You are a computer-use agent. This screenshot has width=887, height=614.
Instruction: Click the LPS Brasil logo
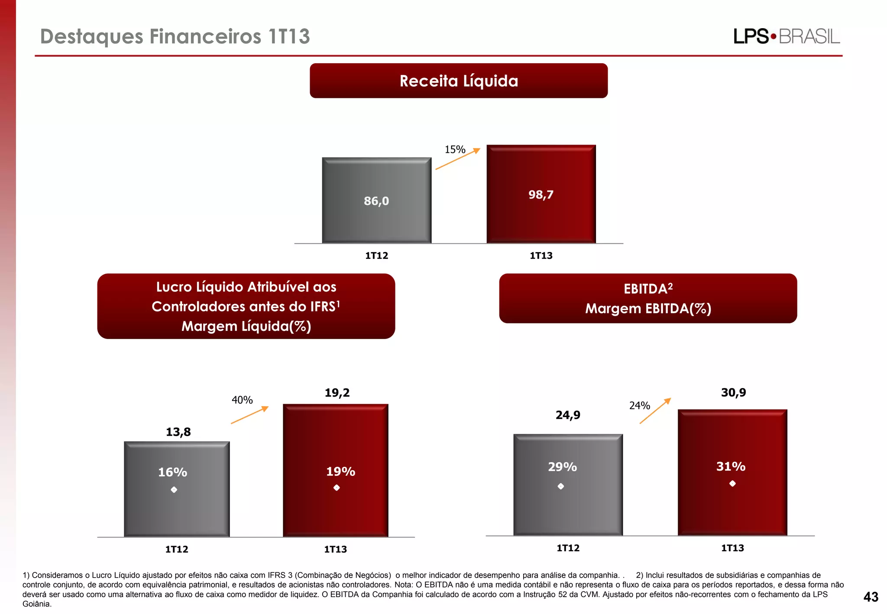(786, 36)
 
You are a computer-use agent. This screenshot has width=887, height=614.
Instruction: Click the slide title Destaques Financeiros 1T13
(175, 36)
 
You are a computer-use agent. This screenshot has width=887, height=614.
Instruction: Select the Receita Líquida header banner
(459, 81)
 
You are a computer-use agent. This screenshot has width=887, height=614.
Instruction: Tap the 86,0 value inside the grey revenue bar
(376, 201)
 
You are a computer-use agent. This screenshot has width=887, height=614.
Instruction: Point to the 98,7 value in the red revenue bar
(541, 195)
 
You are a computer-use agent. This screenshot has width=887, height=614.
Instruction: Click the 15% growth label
(455, 150)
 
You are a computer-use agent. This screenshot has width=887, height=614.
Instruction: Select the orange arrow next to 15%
(458, 159)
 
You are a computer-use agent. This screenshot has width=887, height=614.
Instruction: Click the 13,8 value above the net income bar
(178, 432)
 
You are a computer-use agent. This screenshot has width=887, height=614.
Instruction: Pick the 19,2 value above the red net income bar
(337, 393)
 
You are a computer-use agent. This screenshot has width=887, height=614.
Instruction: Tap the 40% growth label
(242, 400)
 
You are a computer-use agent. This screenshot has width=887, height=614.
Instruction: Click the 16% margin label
(172, 472)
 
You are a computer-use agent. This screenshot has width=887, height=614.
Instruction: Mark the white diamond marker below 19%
(337, 488)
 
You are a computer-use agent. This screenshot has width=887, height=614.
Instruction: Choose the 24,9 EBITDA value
(568, 415)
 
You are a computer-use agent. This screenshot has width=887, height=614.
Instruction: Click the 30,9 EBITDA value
(733, 393)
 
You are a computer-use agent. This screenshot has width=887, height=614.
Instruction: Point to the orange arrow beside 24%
(655, 410)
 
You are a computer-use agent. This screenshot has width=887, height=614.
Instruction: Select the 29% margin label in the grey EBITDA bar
(562, 467)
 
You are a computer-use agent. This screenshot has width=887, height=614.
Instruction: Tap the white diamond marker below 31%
(732, 484)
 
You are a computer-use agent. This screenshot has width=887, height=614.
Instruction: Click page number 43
(871, 597)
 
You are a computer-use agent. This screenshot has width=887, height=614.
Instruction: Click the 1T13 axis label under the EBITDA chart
(732, 548)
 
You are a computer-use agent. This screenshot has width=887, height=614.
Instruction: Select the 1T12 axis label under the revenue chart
(376, 255)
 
